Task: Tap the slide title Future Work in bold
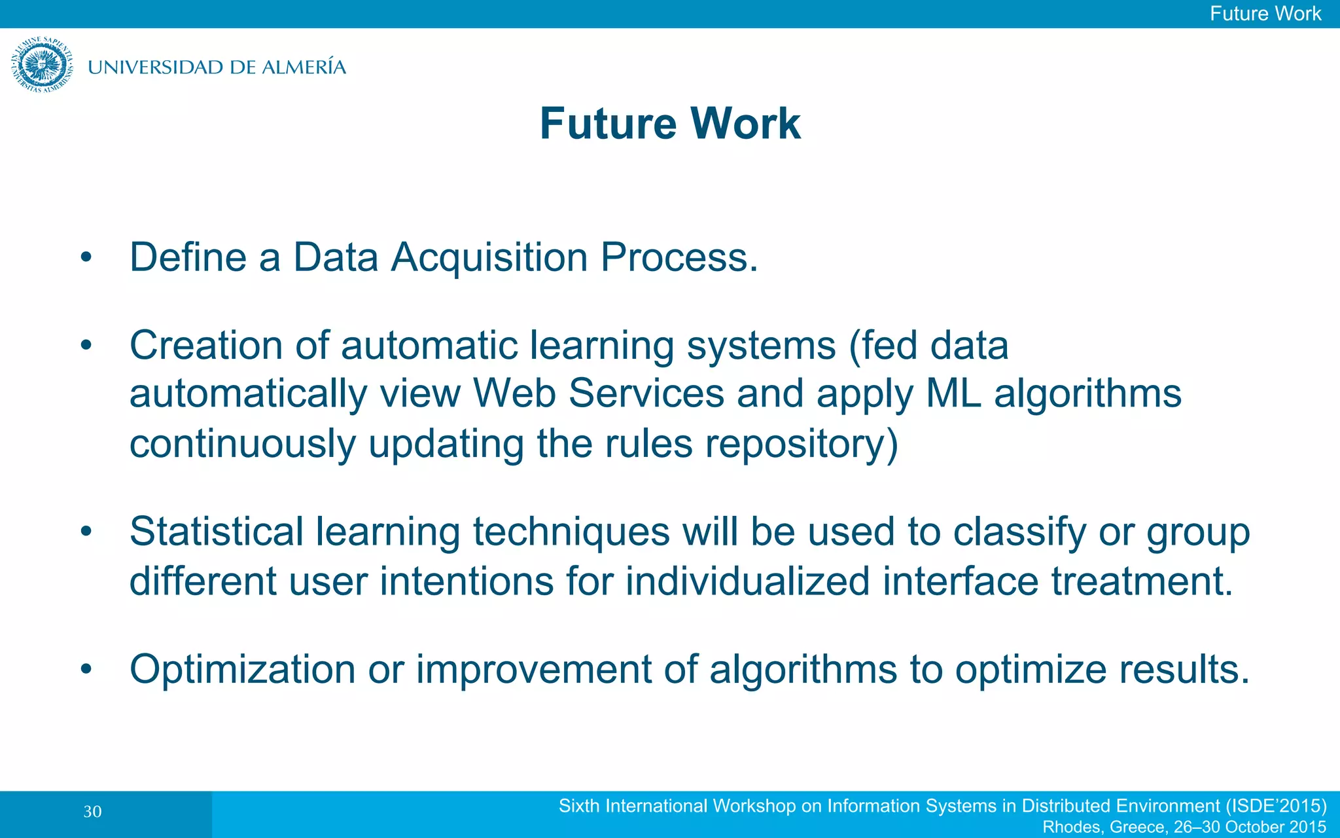click(670, 123)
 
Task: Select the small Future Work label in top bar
click(1265, 14)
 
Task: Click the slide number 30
click(92, 812)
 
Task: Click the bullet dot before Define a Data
click(86, 258)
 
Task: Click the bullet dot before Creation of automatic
click(86, 346)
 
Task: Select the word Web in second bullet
click(514, 393)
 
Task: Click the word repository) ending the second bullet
click(802, 445)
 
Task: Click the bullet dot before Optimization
click(86, 670)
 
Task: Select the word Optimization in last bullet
click(242, 670)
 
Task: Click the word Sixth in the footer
click(578, 806)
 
